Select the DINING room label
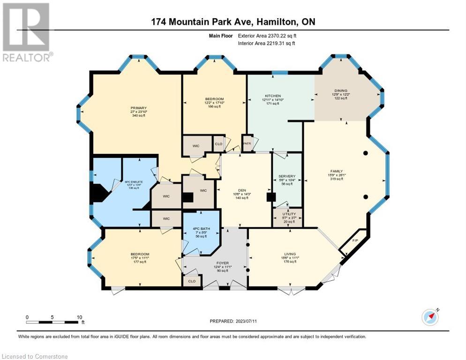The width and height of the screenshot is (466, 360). point(340,90)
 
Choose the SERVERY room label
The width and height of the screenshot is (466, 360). point(287,176)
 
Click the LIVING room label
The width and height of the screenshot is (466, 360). point(288,254)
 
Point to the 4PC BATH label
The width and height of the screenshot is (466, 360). point(202,229)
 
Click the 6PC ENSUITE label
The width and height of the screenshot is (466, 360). point(134,181)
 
